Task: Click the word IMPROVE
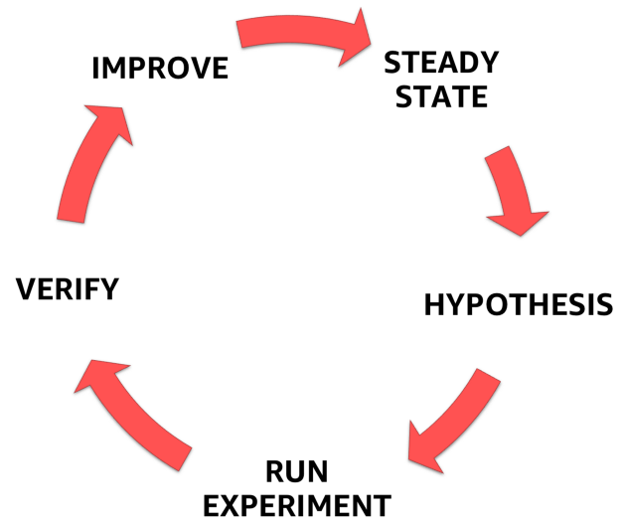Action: click(160, 68)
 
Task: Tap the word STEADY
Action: click(441, 63)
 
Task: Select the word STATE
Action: click(441, 96)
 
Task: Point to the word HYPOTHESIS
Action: click(519, 304)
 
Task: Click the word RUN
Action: click(297, 471)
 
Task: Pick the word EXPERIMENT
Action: click(297, 505)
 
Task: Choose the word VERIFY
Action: click(68, 289)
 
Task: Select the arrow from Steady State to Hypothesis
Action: click(514, 187)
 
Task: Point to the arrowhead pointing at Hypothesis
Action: click(519, 222)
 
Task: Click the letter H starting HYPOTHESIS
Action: click(434, 304)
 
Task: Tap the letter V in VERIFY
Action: click(27, 289)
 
